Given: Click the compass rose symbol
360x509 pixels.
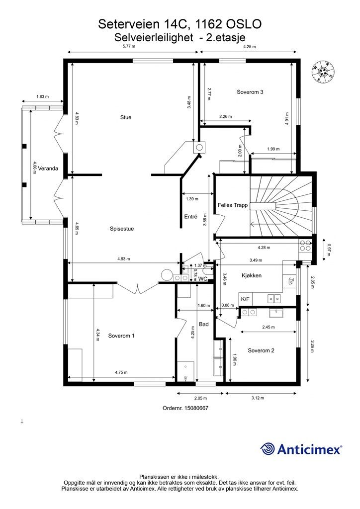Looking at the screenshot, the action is pos(323,72).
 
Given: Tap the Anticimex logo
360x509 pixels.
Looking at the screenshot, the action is pos(301,449).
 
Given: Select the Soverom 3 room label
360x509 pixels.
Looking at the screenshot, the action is pos(250,92).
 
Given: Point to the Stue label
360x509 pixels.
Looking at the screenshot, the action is pos(126,117).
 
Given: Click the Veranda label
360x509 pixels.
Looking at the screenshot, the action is pos(48,169).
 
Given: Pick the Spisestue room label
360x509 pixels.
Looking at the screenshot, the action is pos(122,229).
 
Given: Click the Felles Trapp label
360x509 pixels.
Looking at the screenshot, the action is pos(232,205).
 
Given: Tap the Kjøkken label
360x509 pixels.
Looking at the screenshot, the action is pos(252,275).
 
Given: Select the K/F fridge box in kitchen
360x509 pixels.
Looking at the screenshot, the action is pos(246,299).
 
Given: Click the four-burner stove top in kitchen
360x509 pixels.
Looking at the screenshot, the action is pos(305,246).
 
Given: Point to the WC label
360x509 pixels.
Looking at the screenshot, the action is pos(203,279).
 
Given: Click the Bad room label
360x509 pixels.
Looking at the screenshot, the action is pos(204,324).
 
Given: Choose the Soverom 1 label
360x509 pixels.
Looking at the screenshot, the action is pos(121,336).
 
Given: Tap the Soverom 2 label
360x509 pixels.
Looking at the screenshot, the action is pos(261,350).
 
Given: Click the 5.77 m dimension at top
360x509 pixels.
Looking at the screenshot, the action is pos(129,46).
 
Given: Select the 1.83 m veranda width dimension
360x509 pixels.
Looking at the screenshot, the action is pos(43,96).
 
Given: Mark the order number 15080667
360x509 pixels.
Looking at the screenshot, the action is pos(185,408).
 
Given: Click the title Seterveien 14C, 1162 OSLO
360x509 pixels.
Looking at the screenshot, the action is pos(180,24).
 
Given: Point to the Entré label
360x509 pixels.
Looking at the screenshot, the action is pos(190,217).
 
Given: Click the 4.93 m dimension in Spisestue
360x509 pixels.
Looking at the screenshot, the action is pos(124,258).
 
